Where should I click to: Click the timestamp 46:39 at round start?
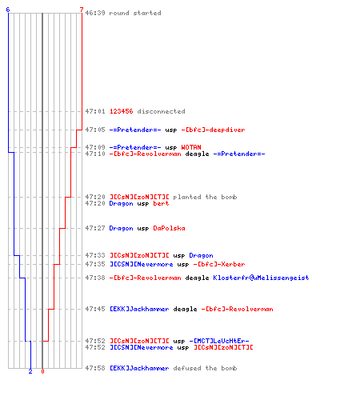tap(95, 13)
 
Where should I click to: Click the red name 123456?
tap(122, 111)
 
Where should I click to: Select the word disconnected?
tap(162, 111)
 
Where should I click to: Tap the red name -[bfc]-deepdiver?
tap(213, 130)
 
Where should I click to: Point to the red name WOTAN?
tap(191, 147)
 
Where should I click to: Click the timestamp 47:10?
tap(95, 154)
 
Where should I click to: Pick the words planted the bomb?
tap(205, 197)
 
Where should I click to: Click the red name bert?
tap(161, 203)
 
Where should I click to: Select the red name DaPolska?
tap(169, 228)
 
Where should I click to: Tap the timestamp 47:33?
tap(95, 255)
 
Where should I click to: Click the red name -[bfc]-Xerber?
tap(219, 264)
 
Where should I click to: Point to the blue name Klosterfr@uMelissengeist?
tap(261, 278)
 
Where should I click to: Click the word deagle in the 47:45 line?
tap(185, 309)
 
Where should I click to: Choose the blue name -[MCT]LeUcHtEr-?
tap(219, 341)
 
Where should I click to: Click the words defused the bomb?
tap(205, 368)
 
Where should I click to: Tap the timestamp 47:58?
tap(95, 368)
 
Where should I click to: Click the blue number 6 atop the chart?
tap(8, 10)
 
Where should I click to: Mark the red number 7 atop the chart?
tap(82, 10)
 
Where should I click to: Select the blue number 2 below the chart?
tap(30, 371)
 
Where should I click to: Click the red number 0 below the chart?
tap(42, 371)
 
